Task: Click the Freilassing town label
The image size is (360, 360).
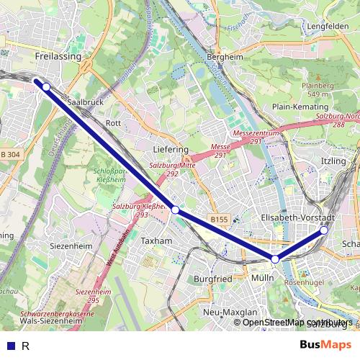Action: click(x=58, y=55)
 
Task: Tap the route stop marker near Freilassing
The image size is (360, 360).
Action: click(x=46, y=87)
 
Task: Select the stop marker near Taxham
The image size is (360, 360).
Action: click(x=175, y=210)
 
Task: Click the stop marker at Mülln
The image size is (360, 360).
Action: click(x=275, y=258)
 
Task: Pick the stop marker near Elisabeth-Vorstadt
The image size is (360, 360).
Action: click(x=324, y=230)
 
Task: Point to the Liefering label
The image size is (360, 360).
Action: click(x=171, y=149)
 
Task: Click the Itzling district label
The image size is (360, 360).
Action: click(x=334, y=161)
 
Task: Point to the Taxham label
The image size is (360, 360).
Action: click(x=157, y=240)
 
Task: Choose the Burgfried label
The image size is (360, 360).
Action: click(x=214, y=278)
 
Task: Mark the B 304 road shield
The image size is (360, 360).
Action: click(x=10, y=155)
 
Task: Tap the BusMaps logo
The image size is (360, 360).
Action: click(x=325, y=346)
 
